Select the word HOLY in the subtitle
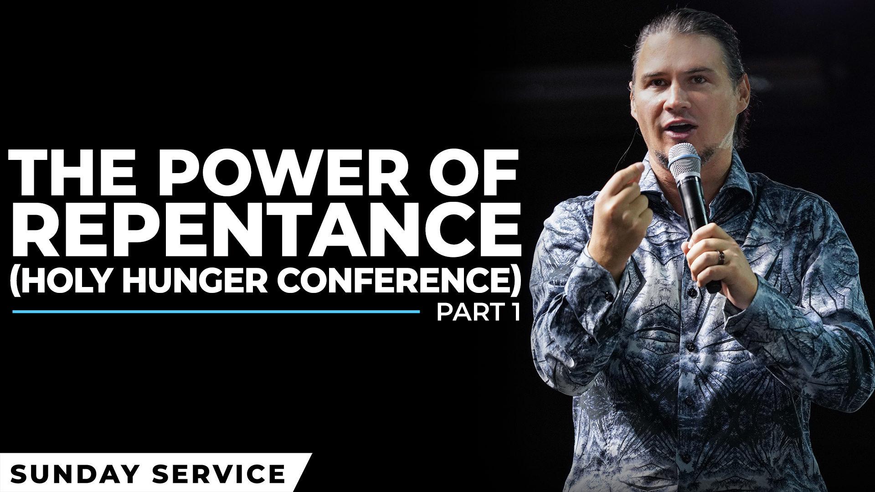click(x=67, y=279)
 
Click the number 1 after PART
click(x=515, y=313)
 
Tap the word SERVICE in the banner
click(x=219, y=474)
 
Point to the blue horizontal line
click(x=216, y=312)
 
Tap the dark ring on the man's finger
click(x=721, y=257)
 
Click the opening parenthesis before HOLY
click(x=15, y=279)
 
